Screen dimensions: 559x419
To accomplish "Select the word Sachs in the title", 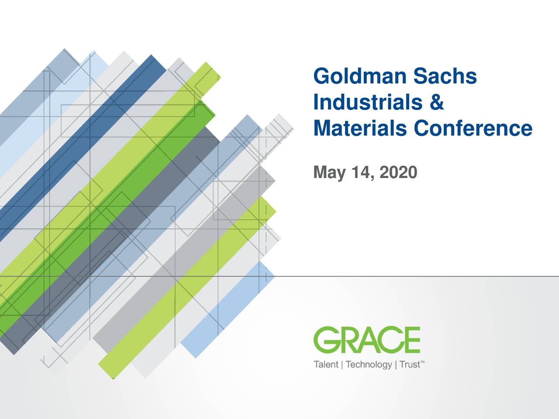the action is point(445,76).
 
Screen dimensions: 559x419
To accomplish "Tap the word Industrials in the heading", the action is point(368,102).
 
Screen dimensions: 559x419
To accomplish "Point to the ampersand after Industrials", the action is point(437,102).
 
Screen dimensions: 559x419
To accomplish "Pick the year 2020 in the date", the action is point(398,172).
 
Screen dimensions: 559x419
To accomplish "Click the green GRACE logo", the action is point(367,340).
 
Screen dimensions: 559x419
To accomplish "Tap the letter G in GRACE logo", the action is point(326,340).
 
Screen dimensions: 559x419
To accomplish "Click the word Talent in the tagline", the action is point(326,364).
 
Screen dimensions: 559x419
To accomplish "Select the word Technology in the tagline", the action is point(369,365).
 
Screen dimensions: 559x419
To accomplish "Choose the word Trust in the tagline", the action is point(410,364).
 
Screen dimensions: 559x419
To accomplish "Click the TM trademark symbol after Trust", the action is point(422,361).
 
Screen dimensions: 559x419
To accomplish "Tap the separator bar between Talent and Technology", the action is point(342,365).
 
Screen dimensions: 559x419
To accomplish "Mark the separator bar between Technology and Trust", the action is point(396,365).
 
